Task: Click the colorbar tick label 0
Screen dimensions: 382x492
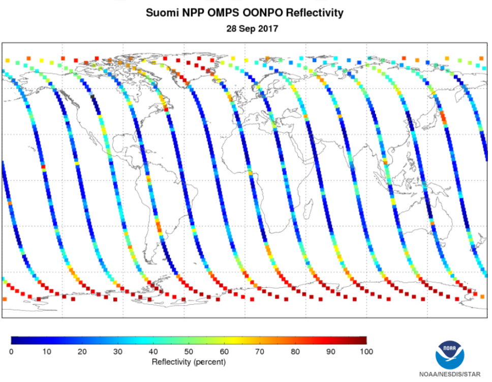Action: [x=11, y=351]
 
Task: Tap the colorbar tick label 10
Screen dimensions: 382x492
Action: [x=47, y=351]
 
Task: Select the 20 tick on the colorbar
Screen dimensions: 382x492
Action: [x=82, y=351]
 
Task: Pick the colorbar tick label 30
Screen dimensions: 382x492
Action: [x=118, y=351]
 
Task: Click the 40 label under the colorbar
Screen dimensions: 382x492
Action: [x=153, y=351]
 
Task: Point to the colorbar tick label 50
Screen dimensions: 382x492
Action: [x=189, y=351]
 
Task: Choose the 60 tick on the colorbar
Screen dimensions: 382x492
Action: [x=224, y=351]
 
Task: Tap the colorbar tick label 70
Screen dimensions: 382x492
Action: [x=260, y=351]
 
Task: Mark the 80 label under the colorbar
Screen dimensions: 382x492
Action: [x=295, y=351]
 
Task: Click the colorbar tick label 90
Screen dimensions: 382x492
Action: [x=331, y=351]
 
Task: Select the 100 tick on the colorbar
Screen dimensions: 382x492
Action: [x=366, y=351]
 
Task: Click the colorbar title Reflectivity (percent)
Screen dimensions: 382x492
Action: [x=189, y=362]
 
